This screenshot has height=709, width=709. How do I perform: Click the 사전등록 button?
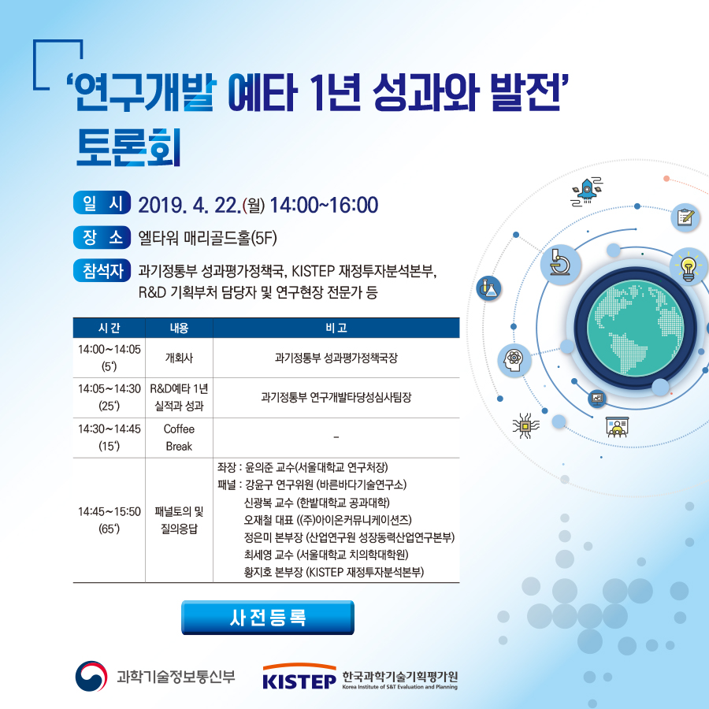coord(268,617)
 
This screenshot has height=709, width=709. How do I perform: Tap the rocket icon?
coord(587,191)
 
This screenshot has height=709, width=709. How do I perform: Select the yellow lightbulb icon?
coord(689,267)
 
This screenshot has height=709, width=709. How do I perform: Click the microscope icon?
coord(560,265)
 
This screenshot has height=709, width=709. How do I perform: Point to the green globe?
coord(635,328)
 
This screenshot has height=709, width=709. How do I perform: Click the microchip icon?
coord(525,425)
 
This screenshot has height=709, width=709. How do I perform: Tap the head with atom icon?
coord(514,360)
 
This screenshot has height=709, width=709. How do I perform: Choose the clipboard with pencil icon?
coord(685,217)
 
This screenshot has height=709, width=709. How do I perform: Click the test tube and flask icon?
coord(488,288)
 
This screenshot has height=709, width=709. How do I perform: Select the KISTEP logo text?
coord(299,681)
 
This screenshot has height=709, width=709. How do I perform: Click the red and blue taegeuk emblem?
coord(91,677)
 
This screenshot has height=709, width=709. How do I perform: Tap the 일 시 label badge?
coord(102,203)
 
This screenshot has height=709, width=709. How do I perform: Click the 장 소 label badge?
coord(102,237)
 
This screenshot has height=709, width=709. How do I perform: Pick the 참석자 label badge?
coord(102,270)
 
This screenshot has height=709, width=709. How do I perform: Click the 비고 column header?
coord(336,328)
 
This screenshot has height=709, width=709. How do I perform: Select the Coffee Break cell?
coord(179,438)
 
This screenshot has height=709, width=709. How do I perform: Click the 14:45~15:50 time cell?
coord(109,520)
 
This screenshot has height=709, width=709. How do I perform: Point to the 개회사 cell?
coord(179,358)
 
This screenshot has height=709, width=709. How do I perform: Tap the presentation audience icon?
coord(617,427)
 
